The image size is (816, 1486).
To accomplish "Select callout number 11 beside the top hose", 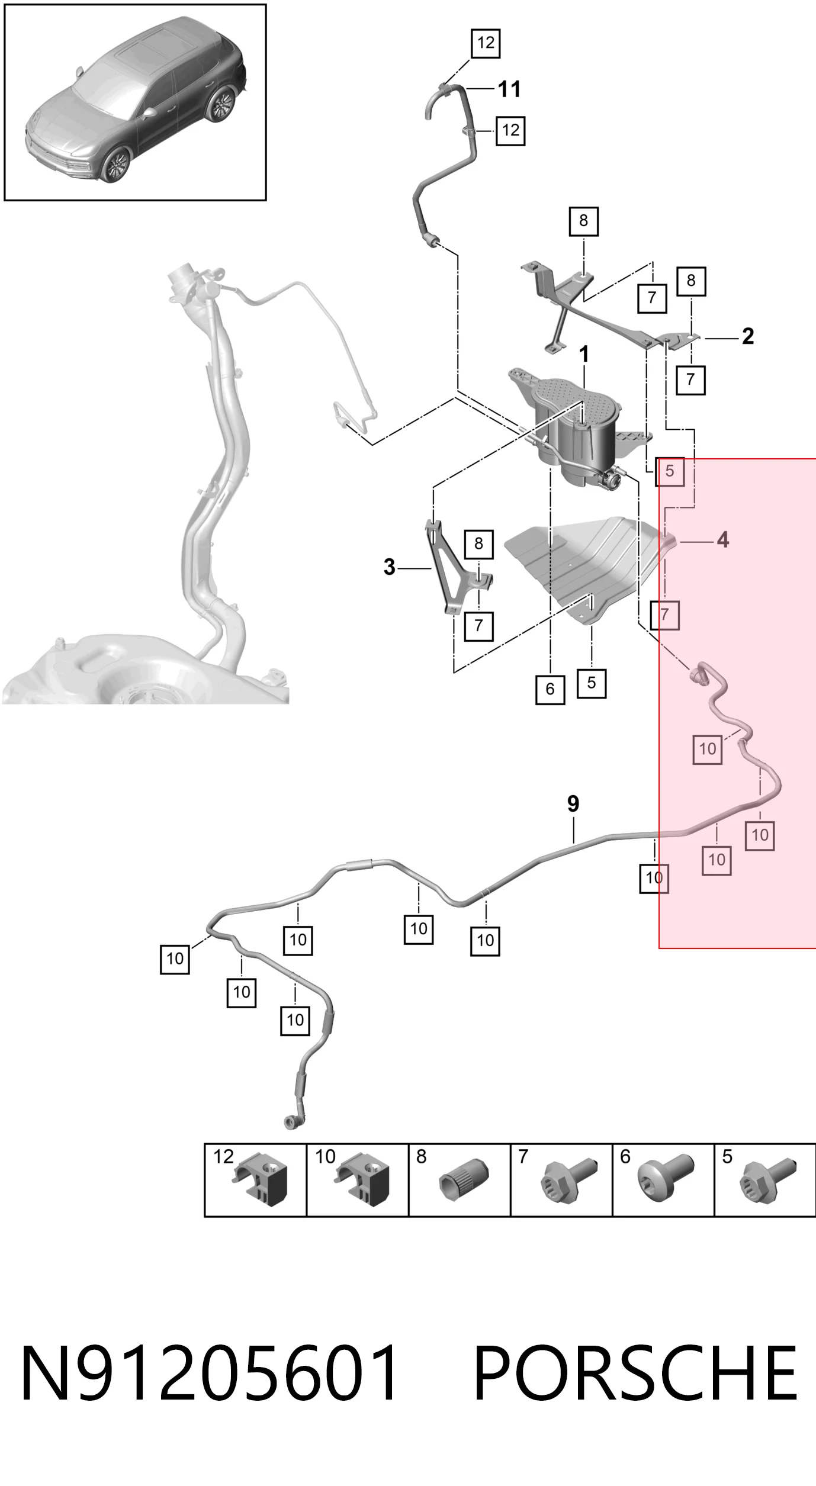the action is coord(509,89).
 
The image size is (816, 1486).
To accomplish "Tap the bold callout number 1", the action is coord(584,355).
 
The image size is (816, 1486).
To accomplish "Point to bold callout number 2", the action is coord(748,336).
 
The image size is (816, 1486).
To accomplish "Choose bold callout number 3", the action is coord(389,567).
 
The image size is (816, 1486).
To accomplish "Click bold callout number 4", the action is coord(722,540).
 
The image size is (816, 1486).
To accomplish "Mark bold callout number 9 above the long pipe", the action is coord(573,803).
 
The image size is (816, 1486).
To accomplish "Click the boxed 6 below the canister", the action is coord(550,689).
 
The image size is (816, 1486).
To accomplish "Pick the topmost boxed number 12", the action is coord(486,43).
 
